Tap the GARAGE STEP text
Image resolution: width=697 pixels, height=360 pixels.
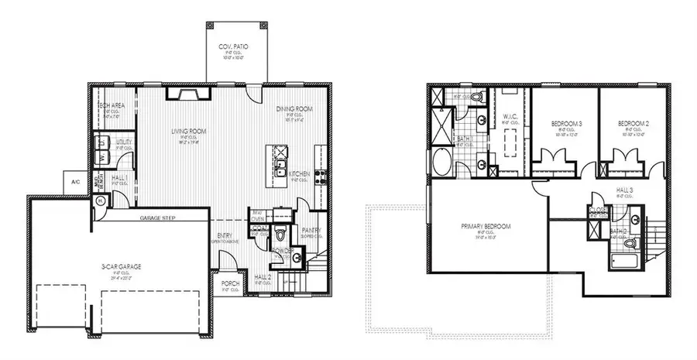coord(158,218)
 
